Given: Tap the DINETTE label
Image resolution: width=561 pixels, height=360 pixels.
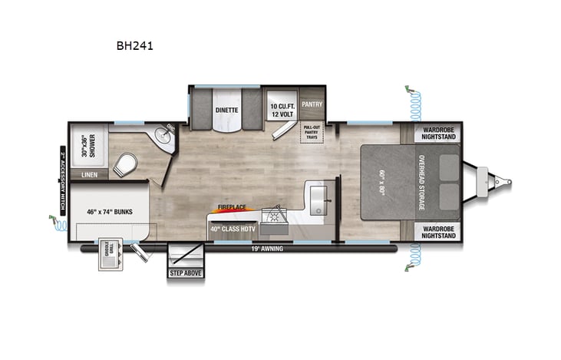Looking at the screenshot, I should (226, 110).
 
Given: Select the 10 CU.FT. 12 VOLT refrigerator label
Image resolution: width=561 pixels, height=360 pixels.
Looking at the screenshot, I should (282, 110).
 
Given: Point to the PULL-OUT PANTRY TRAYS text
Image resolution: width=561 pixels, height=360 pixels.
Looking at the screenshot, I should (312, 131).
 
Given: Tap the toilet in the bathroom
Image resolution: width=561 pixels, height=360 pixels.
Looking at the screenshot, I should (127, 163).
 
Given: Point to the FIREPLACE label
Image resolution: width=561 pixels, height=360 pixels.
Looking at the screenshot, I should (230, 207).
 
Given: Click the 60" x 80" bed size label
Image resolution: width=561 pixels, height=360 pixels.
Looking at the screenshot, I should (382, 182).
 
